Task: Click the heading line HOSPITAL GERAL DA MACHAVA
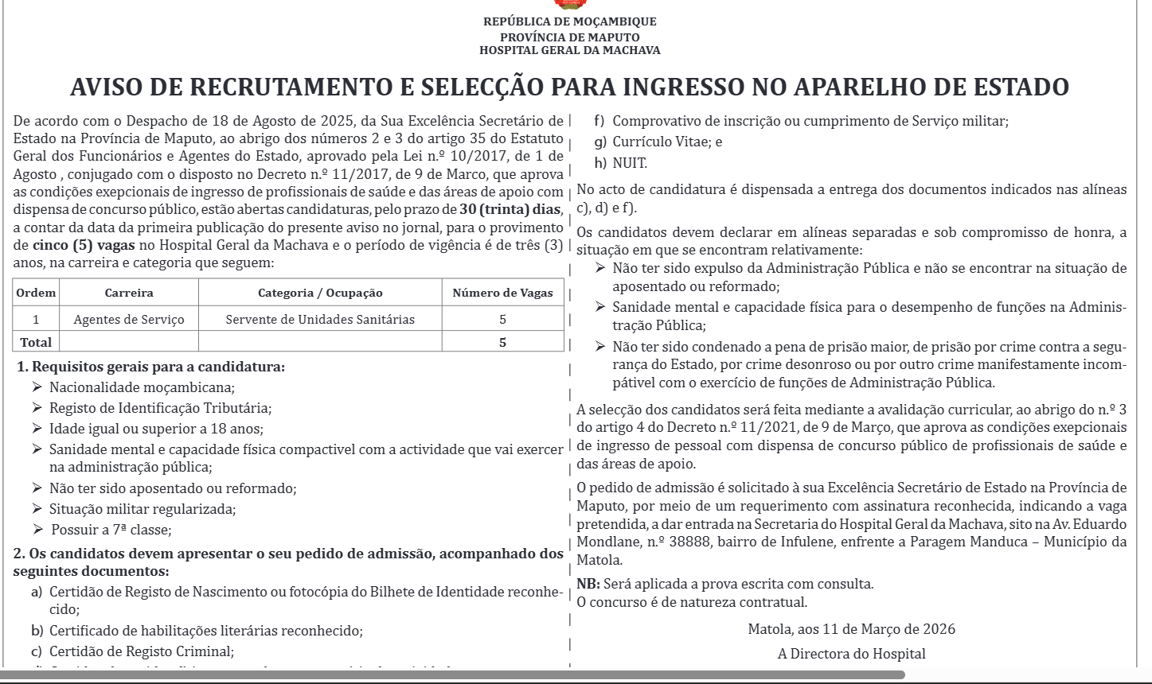[569, 50]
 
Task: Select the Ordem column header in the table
[37, 293]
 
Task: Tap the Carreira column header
[129, 293]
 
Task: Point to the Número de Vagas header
[502, 293]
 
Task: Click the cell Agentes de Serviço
[129, 319]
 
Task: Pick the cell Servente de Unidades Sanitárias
[320, 319]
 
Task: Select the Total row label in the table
[36, 342]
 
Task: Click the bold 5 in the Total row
[502, 342]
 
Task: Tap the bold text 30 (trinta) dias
[511, 210]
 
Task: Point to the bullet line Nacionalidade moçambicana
[142, 388]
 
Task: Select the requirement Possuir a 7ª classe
[111, 530]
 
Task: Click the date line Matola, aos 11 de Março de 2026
[851, 629]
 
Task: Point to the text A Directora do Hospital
[851, 655]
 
